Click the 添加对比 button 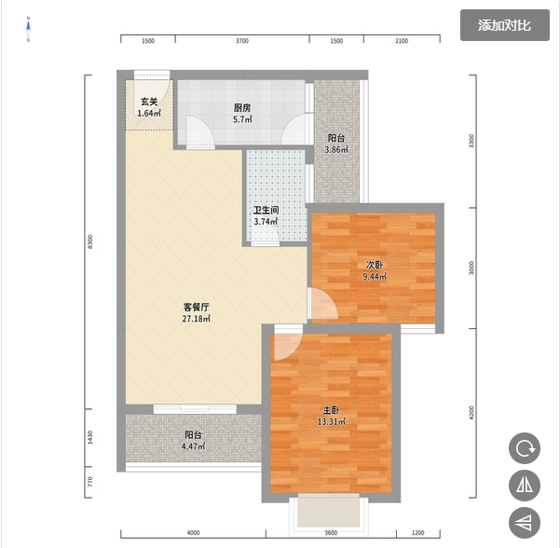point(504,25)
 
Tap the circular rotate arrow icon point(525,448)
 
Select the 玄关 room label point(149,102)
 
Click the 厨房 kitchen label point(242,108)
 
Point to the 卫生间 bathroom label point(266,210)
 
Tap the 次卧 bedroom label point(375,265)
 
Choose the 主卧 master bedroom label point(331,410)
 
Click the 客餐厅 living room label point(196,307)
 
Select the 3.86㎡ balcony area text point(336,150)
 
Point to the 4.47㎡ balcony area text point(193,446)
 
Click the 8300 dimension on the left point(90,242)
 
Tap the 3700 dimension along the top point(241,41)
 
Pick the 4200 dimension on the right point(471,413)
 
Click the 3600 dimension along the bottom point(331,533)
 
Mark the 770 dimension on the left point(90,482)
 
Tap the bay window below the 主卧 point(329,510)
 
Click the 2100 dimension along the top point(402,41)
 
